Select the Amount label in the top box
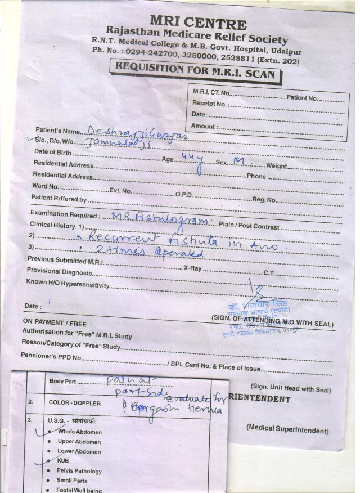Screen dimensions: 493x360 pyautogui.click(x=204, y=126)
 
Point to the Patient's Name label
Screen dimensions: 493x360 pyautogui.click(x=58, y=131)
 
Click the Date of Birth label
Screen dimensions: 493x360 pyautogui.click(x=53, y=152)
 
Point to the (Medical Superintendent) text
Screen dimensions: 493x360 pyautogui.click(x=287, y=430)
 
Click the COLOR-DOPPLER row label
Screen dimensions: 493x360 pyautogui.click(x=75, y=403)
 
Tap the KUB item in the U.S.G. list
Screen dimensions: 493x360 pyautogui.click(x=63, y=461)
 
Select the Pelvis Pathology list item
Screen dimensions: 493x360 pyautogui.click(x=79, y=471)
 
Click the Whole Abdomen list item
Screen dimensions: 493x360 pyautogui.click(x=80, y=432)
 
